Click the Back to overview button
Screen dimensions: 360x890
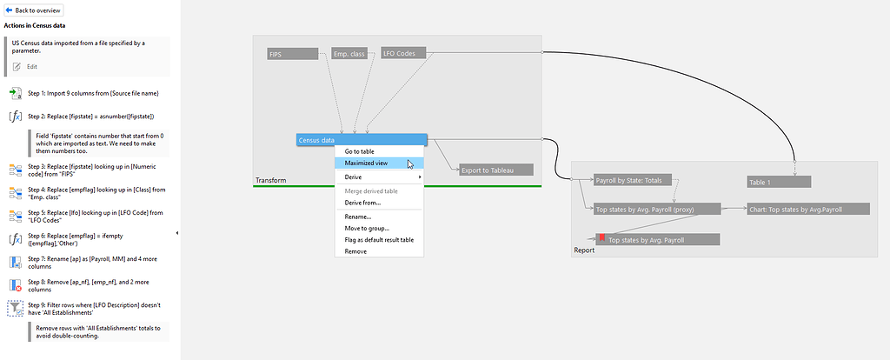34,10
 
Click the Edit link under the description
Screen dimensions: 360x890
31,66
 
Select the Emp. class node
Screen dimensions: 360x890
352,54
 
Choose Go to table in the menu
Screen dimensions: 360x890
359,151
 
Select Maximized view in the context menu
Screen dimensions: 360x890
366,163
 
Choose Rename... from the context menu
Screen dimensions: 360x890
357,217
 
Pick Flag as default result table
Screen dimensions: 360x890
379,240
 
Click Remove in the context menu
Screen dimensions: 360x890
355,251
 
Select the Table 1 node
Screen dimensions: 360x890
778,182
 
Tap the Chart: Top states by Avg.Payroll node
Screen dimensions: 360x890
807,209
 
